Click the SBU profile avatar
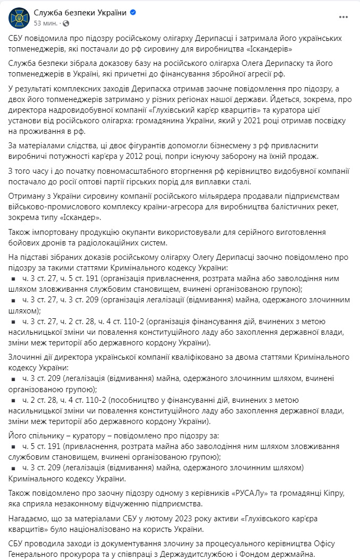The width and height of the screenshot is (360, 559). click(x=18, y=18)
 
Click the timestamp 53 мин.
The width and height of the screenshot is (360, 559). click(x=45, y=23)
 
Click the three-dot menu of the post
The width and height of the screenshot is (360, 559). click(x=343, y=18)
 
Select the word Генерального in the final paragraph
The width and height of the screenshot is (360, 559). click(x=37, y=554)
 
